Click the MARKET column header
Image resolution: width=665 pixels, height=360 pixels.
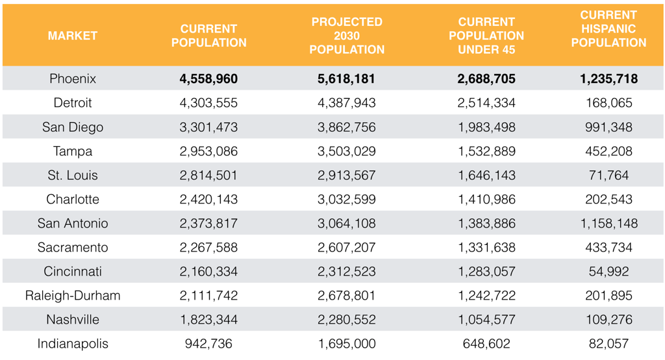coord(73,36)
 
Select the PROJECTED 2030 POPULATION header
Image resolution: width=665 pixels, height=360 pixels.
coord(347,36)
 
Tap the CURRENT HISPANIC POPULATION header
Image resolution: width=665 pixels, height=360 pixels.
coord(609,29)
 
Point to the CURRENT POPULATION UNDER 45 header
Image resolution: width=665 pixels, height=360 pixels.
coord(486,36)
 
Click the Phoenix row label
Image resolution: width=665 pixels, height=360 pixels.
coord(73,79)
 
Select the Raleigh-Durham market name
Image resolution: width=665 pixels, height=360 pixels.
coord(73,296)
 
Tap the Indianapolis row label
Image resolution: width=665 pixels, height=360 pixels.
coord(73,344)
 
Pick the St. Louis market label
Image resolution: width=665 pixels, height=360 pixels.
coord(73,175)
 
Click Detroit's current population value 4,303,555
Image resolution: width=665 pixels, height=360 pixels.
coord(208,103)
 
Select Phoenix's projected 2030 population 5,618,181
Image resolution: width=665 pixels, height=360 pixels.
coord(346,79)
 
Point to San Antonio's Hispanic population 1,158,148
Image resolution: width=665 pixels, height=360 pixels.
coord(609,224)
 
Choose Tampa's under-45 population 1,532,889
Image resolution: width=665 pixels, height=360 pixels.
coord(486,151)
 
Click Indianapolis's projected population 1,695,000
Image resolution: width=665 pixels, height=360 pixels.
coord(347,344)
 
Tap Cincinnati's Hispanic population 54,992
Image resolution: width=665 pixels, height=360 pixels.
coord(609,271)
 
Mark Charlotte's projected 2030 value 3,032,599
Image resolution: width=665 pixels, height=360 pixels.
coord(347,199)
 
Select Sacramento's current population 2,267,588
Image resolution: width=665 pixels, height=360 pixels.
coord(208,247)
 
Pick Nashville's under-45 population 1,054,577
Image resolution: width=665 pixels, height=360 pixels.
coord(486,319)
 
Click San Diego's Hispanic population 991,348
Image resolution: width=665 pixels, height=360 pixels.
coord(609,127)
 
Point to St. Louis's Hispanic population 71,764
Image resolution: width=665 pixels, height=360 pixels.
coord(609,175)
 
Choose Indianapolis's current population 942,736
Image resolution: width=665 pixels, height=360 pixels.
coord(208,344)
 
